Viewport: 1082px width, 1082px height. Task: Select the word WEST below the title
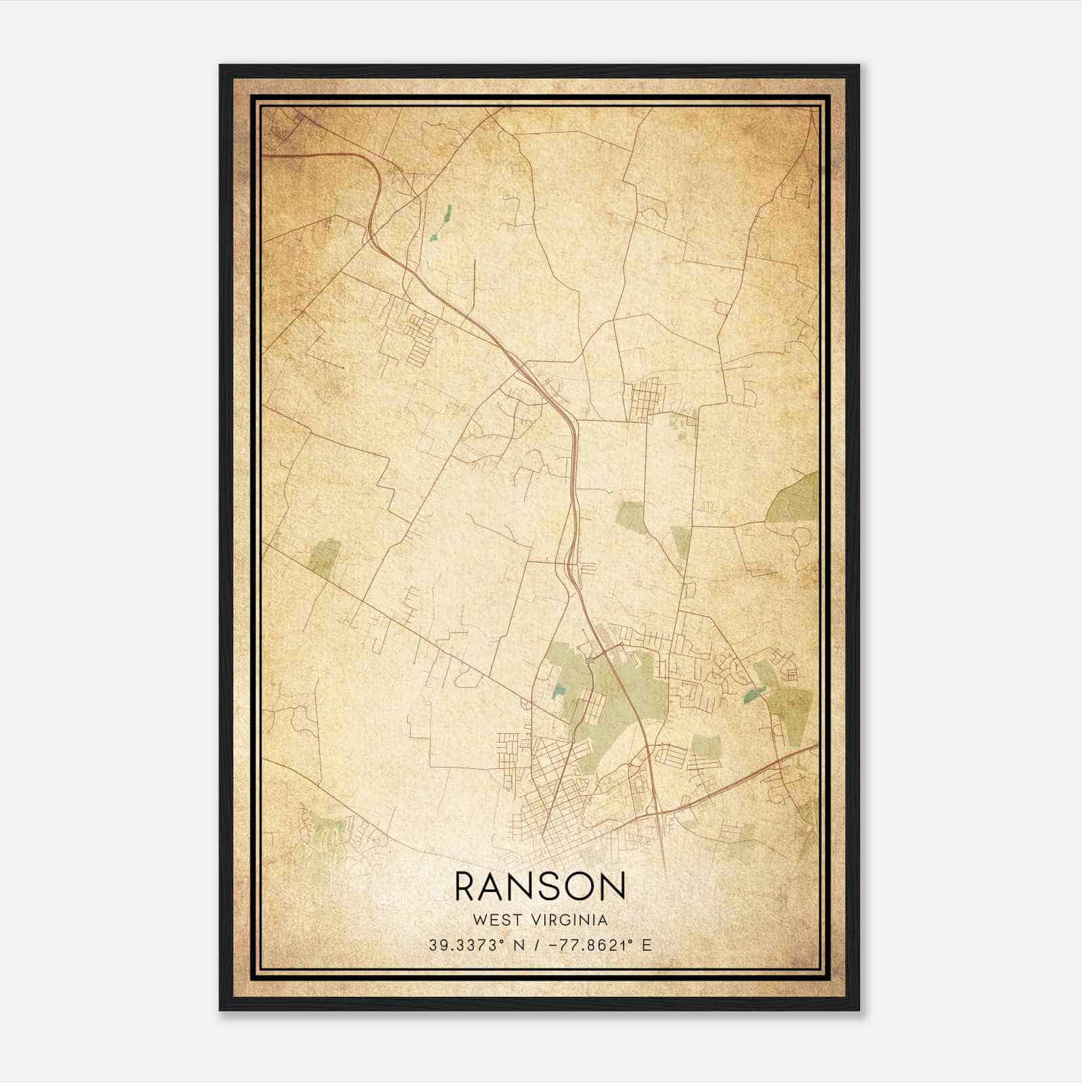tap(497, 920)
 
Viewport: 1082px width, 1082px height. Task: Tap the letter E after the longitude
tap(647, 945)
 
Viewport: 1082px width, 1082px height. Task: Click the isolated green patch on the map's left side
tap(323, 557)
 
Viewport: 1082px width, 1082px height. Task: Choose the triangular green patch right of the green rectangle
tap(680, 541)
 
